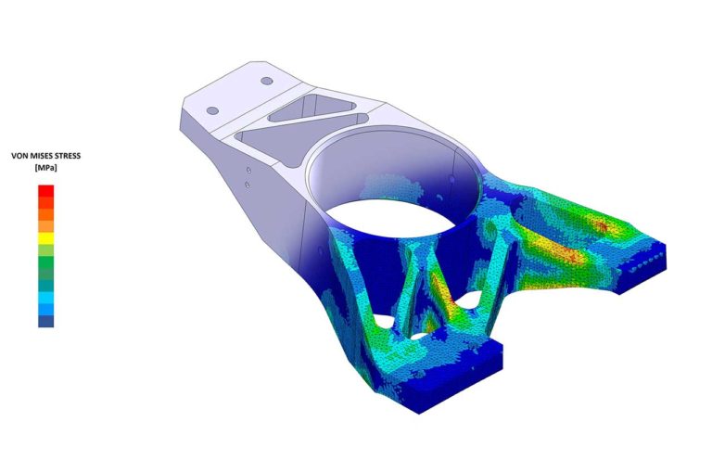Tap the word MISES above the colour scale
tap(40, 156)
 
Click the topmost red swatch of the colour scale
tap(46, 191)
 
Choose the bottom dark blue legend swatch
tap(46, 321)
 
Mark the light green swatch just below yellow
tap(46, 249)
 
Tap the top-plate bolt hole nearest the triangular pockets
tap(265, 82)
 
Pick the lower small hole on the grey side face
tap(248, 185)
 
